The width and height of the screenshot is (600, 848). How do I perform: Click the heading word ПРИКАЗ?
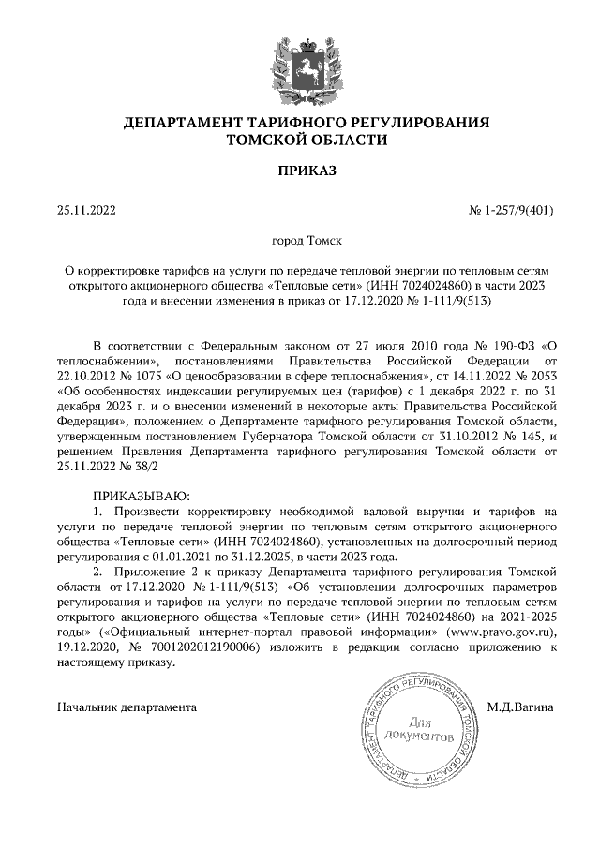[x=300, y=171]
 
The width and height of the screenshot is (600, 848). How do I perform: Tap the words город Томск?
[x=300, y=242]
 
